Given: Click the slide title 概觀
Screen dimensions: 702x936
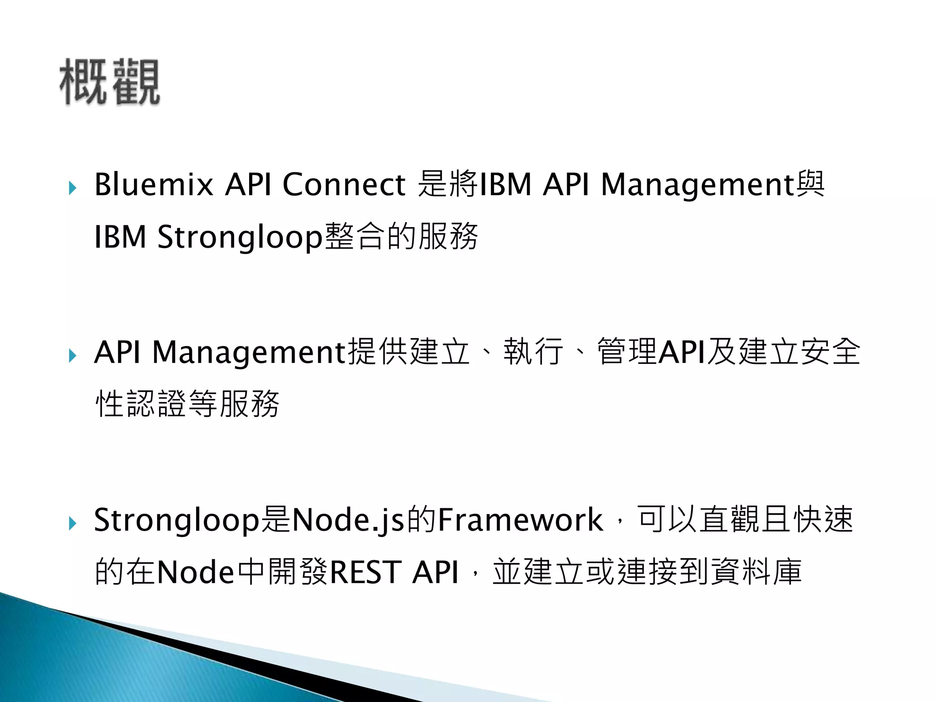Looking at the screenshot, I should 110,82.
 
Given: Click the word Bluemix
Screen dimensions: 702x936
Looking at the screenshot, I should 154,185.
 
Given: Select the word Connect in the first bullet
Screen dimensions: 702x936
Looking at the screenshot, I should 344,185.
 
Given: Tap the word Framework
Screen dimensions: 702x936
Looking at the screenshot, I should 520,520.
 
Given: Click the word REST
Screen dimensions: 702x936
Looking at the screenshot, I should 366,572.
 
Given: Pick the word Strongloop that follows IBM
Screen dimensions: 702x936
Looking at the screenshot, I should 240,237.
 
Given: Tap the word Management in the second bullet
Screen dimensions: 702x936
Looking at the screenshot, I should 250,352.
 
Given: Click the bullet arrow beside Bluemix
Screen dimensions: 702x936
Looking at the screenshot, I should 72,188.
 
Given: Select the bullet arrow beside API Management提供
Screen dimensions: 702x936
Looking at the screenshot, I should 72,356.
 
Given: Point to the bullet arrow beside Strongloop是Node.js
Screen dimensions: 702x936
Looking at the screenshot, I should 72,523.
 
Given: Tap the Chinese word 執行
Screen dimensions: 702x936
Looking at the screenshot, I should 533,352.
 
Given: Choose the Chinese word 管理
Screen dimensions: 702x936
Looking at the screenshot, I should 627,352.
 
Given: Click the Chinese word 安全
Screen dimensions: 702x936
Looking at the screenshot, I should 830,352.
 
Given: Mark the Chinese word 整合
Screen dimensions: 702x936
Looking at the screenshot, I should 355,237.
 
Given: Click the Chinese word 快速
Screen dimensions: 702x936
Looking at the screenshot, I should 823,520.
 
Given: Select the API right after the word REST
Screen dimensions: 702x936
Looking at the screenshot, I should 435,572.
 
